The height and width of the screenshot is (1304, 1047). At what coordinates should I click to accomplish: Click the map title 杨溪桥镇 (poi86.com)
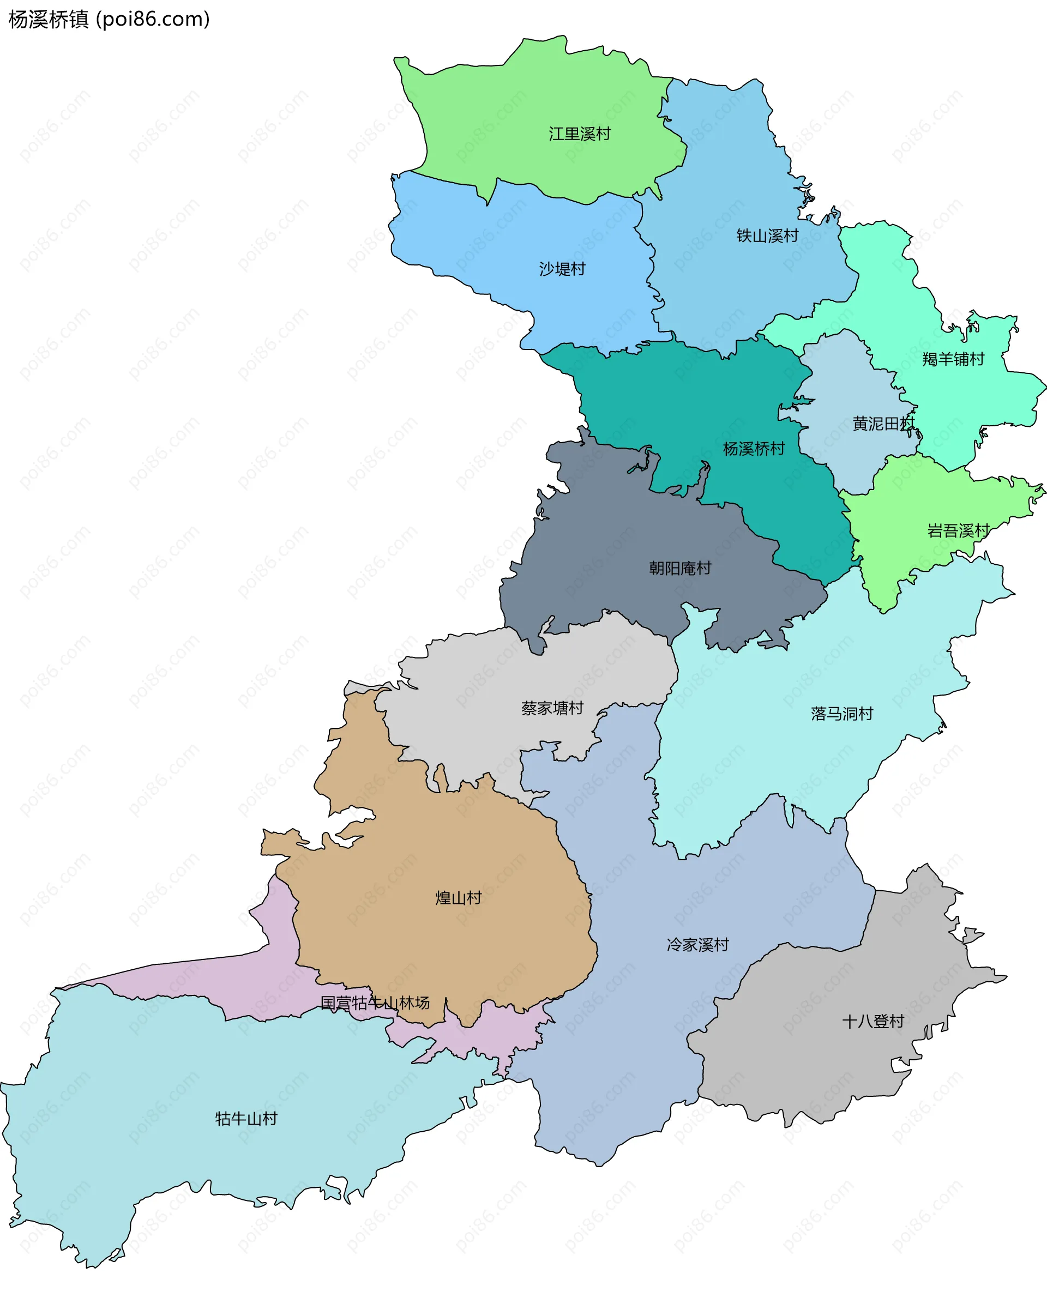[x=109, y=20]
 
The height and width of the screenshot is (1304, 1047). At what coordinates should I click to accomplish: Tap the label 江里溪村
[x=580, y=134]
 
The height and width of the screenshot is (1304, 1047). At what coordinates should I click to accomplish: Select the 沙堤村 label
[x=562, y=269]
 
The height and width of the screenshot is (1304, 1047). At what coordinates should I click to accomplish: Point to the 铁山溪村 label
[x=767, y=236]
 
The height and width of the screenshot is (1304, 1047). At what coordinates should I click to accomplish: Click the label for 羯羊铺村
[x=953, y=359]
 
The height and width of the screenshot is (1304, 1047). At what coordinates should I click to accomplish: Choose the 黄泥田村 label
[x=883, y=424]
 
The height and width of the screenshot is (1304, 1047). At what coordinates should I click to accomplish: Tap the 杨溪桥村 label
[x=754, y=449]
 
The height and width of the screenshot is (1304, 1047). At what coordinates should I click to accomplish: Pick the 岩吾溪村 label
[x=958, y=531]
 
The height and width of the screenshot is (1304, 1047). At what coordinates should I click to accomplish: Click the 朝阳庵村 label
[x=680, y=568]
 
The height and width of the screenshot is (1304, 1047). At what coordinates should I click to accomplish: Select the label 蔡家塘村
[x=552, y=708]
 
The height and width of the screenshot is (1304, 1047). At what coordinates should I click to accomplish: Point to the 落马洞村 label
[x=842, y=714]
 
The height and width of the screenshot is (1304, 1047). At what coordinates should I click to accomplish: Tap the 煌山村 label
[x=459, y=897]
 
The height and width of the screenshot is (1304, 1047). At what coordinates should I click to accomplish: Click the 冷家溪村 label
[x=697, y=945]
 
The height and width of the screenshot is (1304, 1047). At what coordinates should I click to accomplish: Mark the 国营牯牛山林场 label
[x=375, y=1003]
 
